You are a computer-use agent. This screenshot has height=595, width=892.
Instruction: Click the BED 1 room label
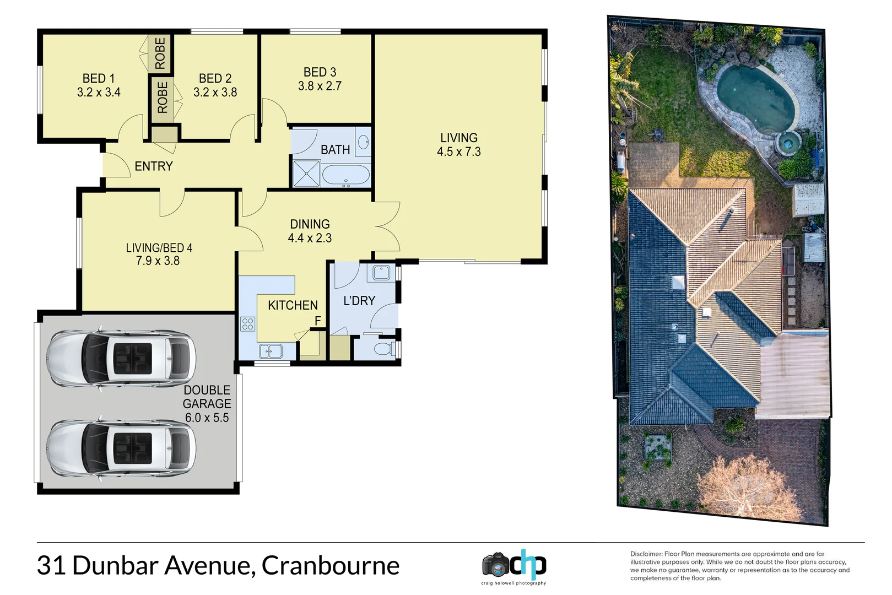99,78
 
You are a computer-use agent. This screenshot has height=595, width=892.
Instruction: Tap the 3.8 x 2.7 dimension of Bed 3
320,86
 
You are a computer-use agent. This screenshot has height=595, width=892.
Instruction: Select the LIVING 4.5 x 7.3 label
458,144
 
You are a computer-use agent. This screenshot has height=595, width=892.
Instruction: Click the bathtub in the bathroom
345,175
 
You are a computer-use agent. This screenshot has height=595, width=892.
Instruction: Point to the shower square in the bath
306,174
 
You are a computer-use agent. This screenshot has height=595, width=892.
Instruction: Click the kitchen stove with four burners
248,324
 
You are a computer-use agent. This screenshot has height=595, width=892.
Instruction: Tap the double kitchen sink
271,351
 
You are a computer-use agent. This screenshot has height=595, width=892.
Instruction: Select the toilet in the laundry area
383,349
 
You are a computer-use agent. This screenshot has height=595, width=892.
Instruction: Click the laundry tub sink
381,272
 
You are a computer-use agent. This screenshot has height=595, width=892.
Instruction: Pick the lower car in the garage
121,448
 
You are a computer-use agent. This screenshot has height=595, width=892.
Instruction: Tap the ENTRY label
154,166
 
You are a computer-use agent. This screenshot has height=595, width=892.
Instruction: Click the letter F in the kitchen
317,321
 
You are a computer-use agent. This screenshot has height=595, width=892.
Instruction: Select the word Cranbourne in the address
330,565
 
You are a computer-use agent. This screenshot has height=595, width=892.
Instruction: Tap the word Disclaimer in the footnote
646,554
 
